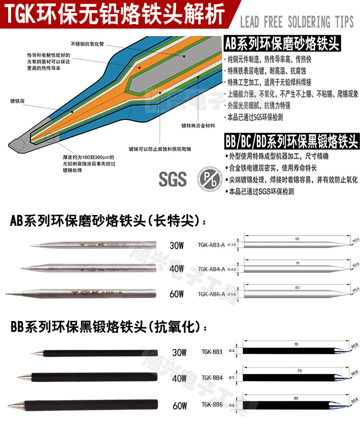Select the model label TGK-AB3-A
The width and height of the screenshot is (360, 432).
coord(211,245)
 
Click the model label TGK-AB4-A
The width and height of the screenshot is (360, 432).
coord(211,269)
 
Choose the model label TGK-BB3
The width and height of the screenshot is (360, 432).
coord(212,351)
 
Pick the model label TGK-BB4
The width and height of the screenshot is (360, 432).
coord(212,377)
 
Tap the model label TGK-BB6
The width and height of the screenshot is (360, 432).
coord(212,404)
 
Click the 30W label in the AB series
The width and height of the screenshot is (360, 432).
coord(177,246)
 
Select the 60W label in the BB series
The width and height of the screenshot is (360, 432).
coord(180,406)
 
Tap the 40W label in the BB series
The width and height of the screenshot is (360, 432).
coord(179,378)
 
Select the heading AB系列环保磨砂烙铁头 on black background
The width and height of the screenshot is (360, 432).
coord(282,45)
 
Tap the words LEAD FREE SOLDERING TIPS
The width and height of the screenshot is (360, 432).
coord(296,22)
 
